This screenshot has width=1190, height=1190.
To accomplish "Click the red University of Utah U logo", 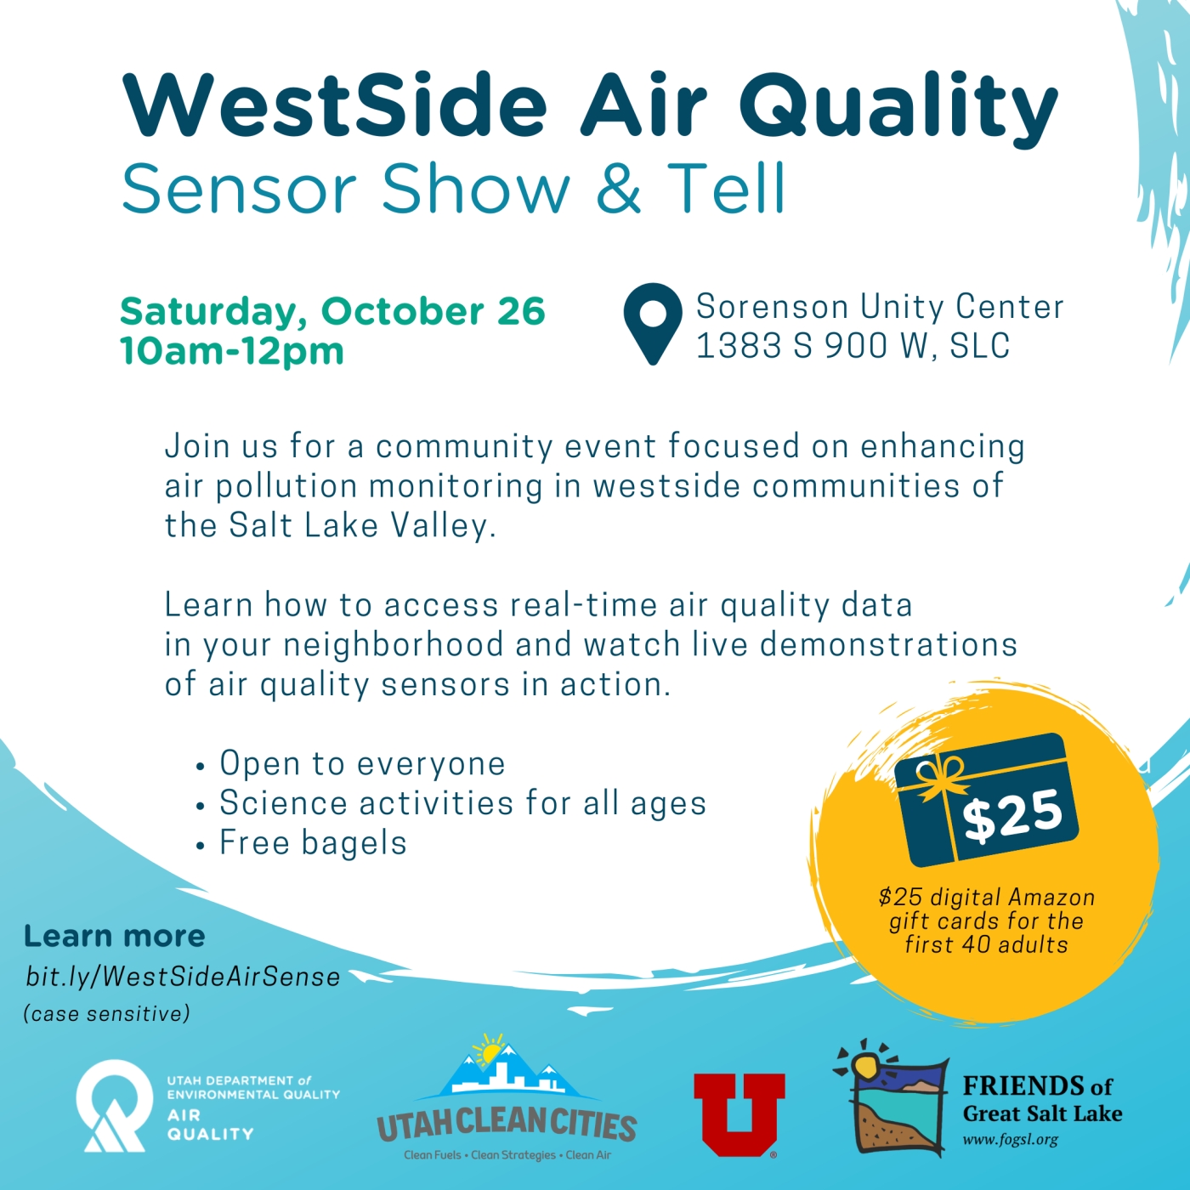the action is click(x=739, y=1114).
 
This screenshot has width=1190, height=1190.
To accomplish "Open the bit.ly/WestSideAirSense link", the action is click(x=183, y=977).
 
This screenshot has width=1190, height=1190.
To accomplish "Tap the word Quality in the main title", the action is click(x=898, y=105).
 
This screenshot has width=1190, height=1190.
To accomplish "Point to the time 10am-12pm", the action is click(x=231, y=351).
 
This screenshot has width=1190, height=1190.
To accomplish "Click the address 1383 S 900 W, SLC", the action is click(x=853, y=345).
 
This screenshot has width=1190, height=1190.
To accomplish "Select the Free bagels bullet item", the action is click(x=302, y=842).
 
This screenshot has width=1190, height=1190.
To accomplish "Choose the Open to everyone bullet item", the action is click(x=351, y=763).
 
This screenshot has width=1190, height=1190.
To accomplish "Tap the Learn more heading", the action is click(x=114, y=936).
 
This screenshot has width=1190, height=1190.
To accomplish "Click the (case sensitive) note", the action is click(x=106, y=1014).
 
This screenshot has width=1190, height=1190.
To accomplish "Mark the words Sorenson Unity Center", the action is click(x=880, y=306).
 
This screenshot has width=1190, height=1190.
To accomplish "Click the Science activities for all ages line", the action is click(x=450, y=802).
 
